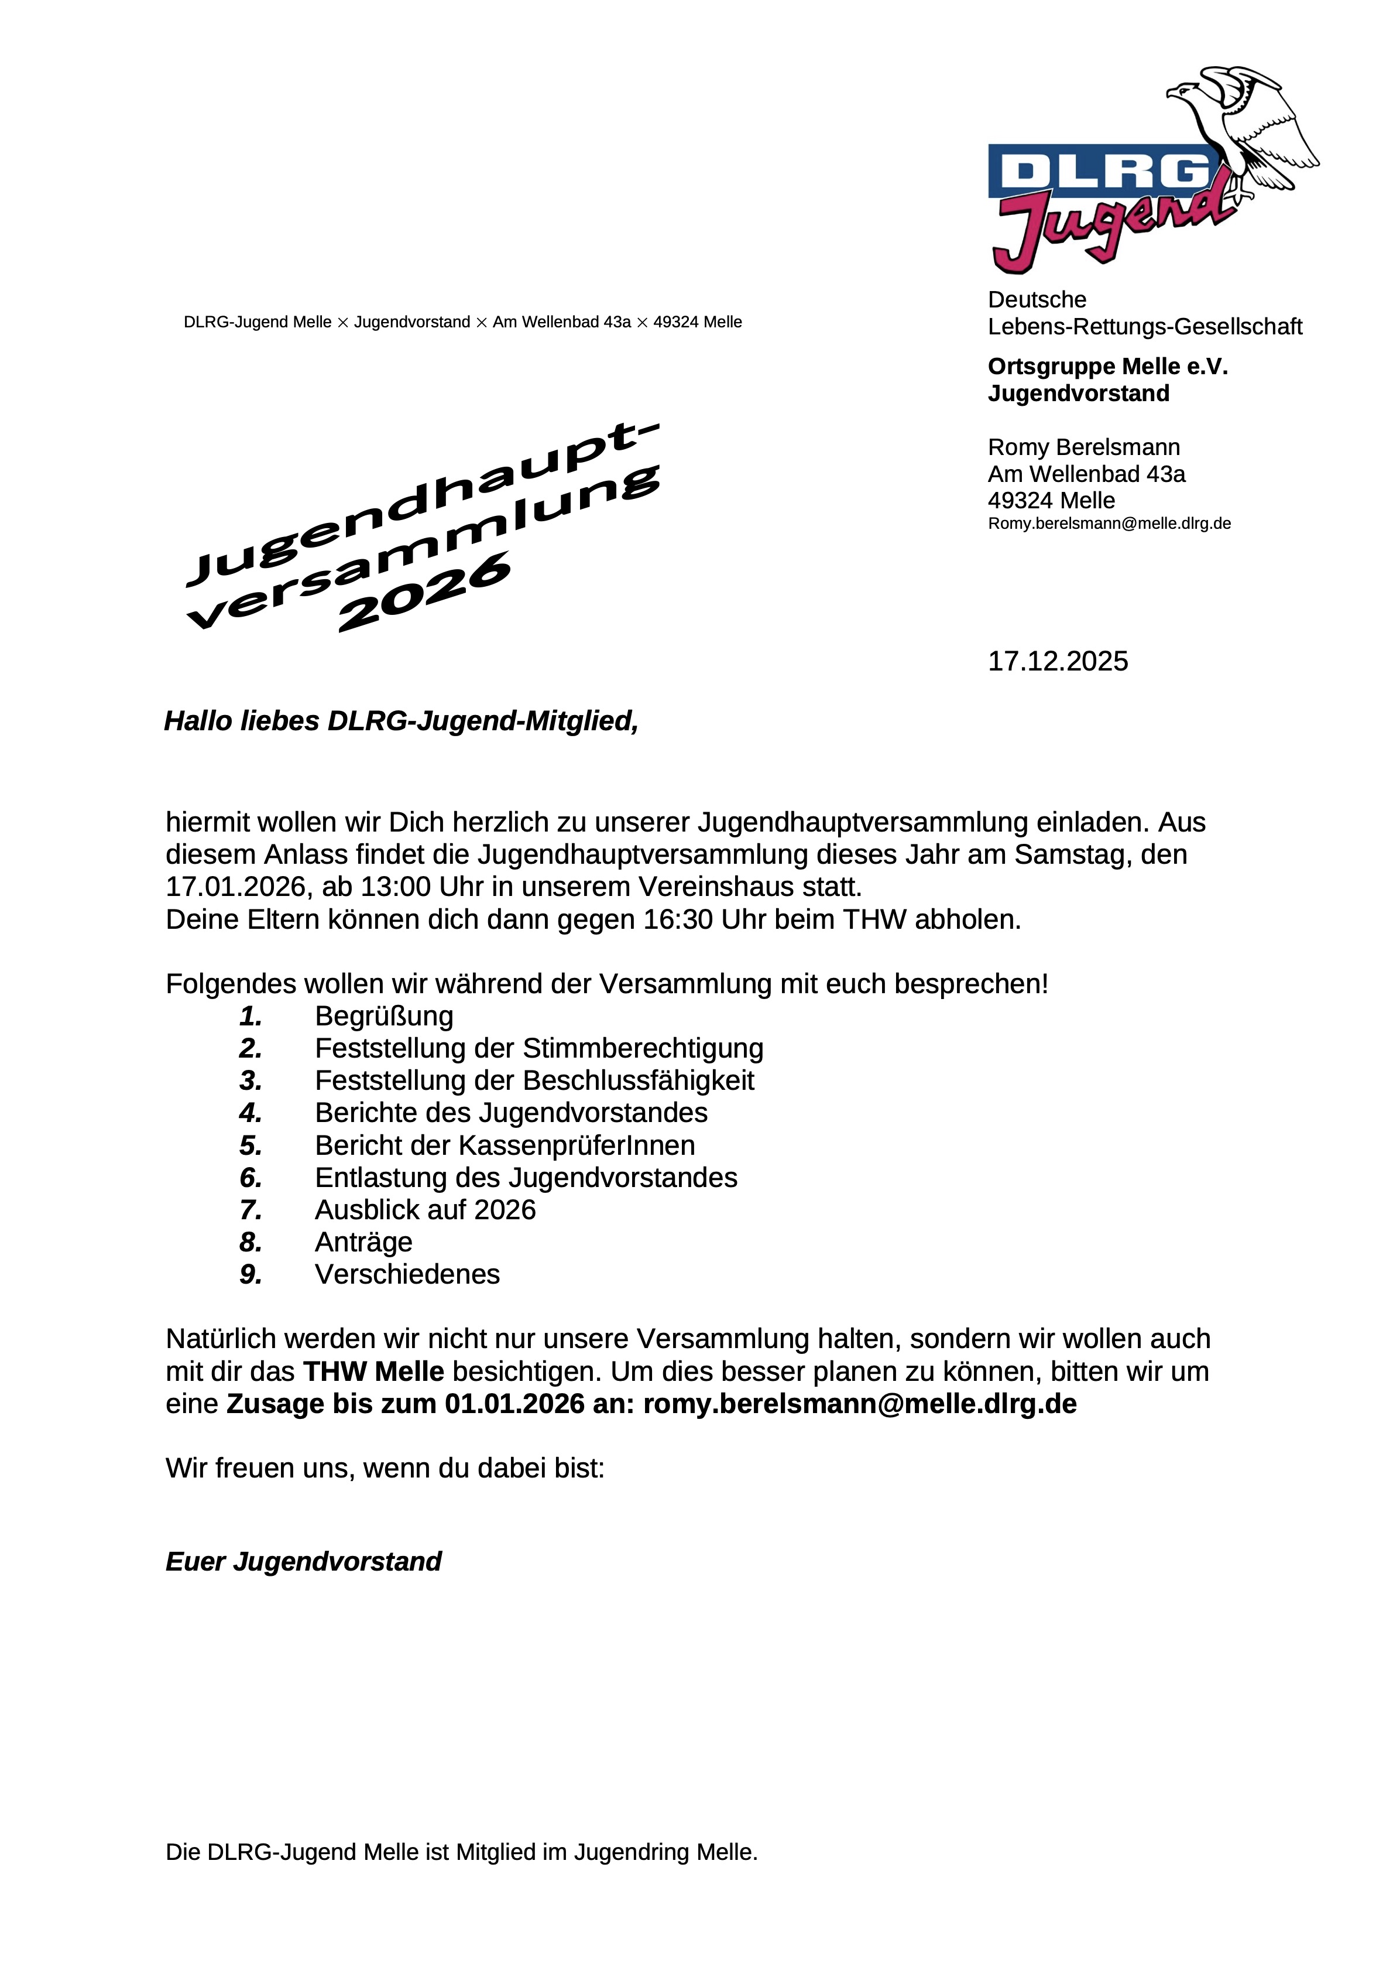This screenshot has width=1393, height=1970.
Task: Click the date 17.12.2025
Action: point(1058,662)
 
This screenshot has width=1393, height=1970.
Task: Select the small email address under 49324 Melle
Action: point(1109,524)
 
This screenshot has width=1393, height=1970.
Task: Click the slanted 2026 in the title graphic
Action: point(426,592)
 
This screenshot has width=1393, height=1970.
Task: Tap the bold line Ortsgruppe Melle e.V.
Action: point(1107,367)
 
